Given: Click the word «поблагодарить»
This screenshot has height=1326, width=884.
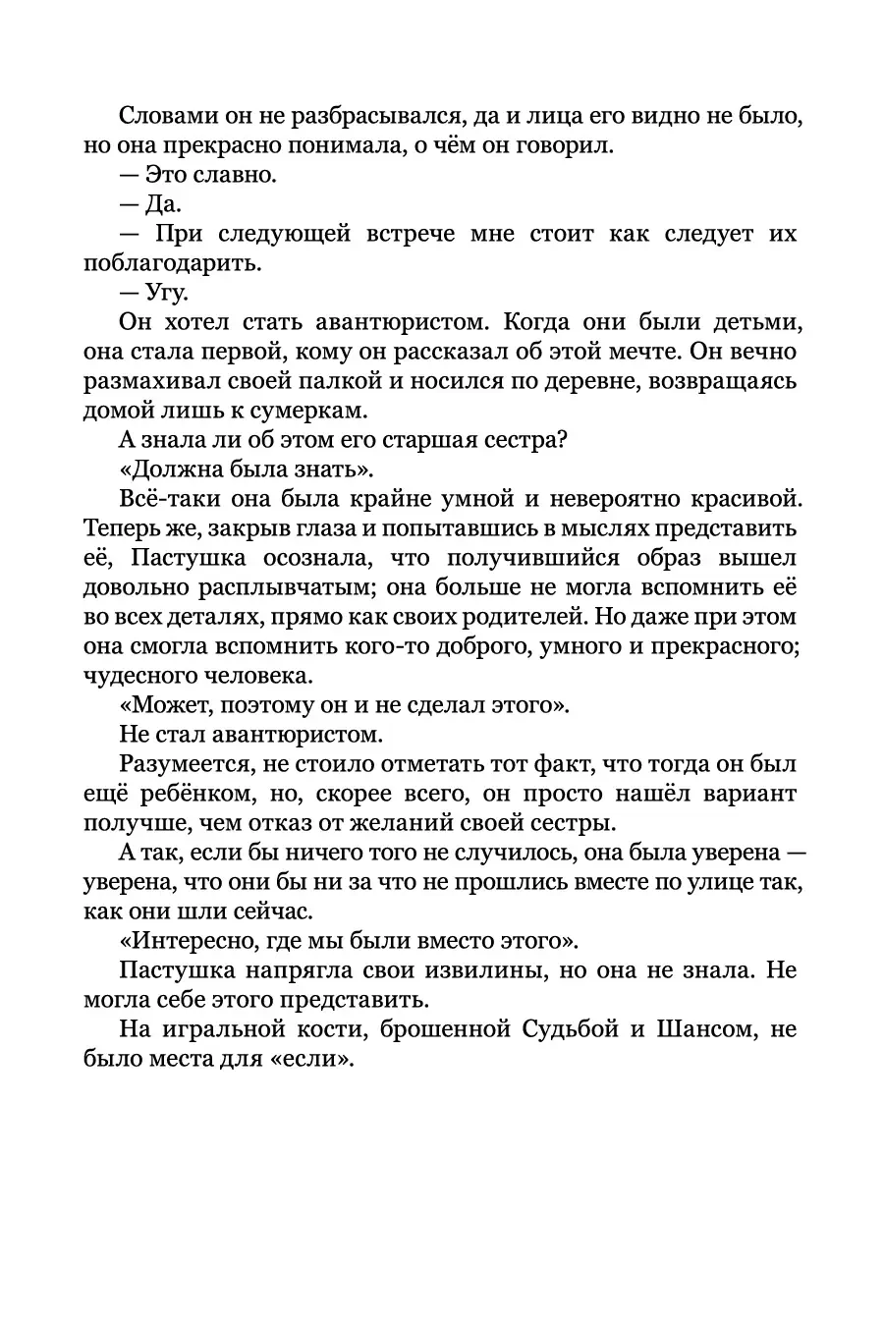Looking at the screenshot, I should point(172,263).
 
